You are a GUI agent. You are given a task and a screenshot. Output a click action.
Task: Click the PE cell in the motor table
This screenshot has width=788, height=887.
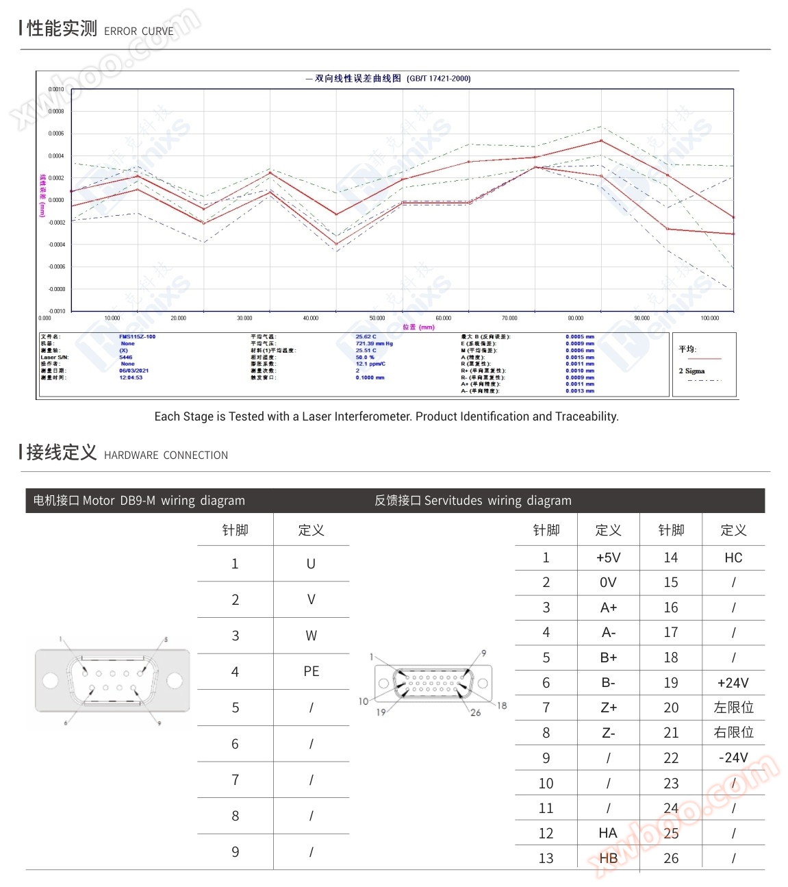point(311,671)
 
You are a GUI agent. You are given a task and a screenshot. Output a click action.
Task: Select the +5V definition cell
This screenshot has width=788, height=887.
point(608,558)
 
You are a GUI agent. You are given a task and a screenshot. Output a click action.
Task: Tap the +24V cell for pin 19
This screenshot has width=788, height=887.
point(733,683)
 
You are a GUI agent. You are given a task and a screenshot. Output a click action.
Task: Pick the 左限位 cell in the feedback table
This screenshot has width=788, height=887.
point(733,708)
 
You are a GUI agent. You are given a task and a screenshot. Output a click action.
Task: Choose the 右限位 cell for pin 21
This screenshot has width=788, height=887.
point(733,733)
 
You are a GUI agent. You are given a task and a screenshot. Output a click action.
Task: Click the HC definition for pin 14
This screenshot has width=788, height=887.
point(733,558)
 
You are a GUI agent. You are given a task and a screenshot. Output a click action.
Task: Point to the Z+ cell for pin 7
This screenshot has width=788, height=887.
point(608,708)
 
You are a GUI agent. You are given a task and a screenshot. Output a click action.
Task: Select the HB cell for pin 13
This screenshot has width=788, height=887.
point(608,858)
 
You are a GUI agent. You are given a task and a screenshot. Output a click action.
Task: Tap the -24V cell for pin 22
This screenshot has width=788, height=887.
point(733,758)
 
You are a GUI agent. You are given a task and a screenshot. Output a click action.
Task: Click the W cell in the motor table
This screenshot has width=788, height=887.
point(311,636)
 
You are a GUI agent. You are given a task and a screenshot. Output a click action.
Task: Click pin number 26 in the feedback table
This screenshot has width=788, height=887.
point(671,858)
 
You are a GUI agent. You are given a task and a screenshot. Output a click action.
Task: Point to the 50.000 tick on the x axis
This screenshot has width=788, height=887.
point(377,318)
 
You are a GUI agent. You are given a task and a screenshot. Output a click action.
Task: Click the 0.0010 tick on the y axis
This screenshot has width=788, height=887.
point(56,89)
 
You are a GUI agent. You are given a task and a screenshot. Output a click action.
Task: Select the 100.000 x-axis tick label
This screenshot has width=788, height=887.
point(710,318)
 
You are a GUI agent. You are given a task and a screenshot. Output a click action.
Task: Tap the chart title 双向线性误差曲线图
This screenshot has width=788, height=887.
point(357,79)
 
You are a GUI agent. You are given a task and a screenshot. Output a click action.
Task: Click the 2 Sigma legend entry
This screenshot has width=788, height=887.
point(691,371)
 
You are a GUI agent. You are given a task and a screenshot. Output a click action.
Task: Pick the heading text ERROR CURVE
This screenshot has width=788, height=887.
point(138,32)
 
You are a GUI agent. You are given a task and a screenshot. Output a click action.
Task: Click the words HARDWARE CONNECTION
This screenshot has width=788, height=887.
point(166,455)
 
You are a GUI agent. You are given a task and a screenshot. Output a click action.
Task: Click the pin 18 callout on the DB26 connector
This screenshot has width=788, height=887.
point(502,705)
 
